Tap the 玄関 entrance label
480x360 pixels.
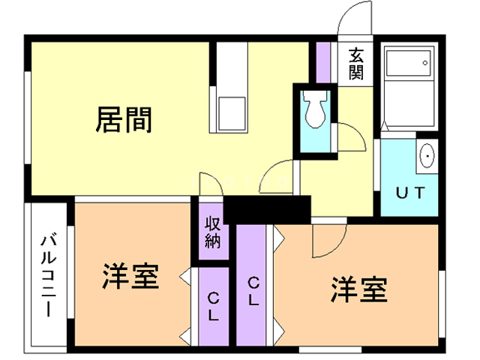point(355,65)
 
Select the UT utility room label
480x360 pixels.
point(411,192)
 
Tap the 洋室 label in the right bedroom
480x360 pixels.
point(359,289)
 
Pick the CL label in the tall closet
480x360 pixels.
point(254,292)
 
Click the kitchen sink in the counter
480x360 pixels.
point(231,112)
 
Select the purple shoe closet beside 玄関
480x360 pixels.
point(324,64)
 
